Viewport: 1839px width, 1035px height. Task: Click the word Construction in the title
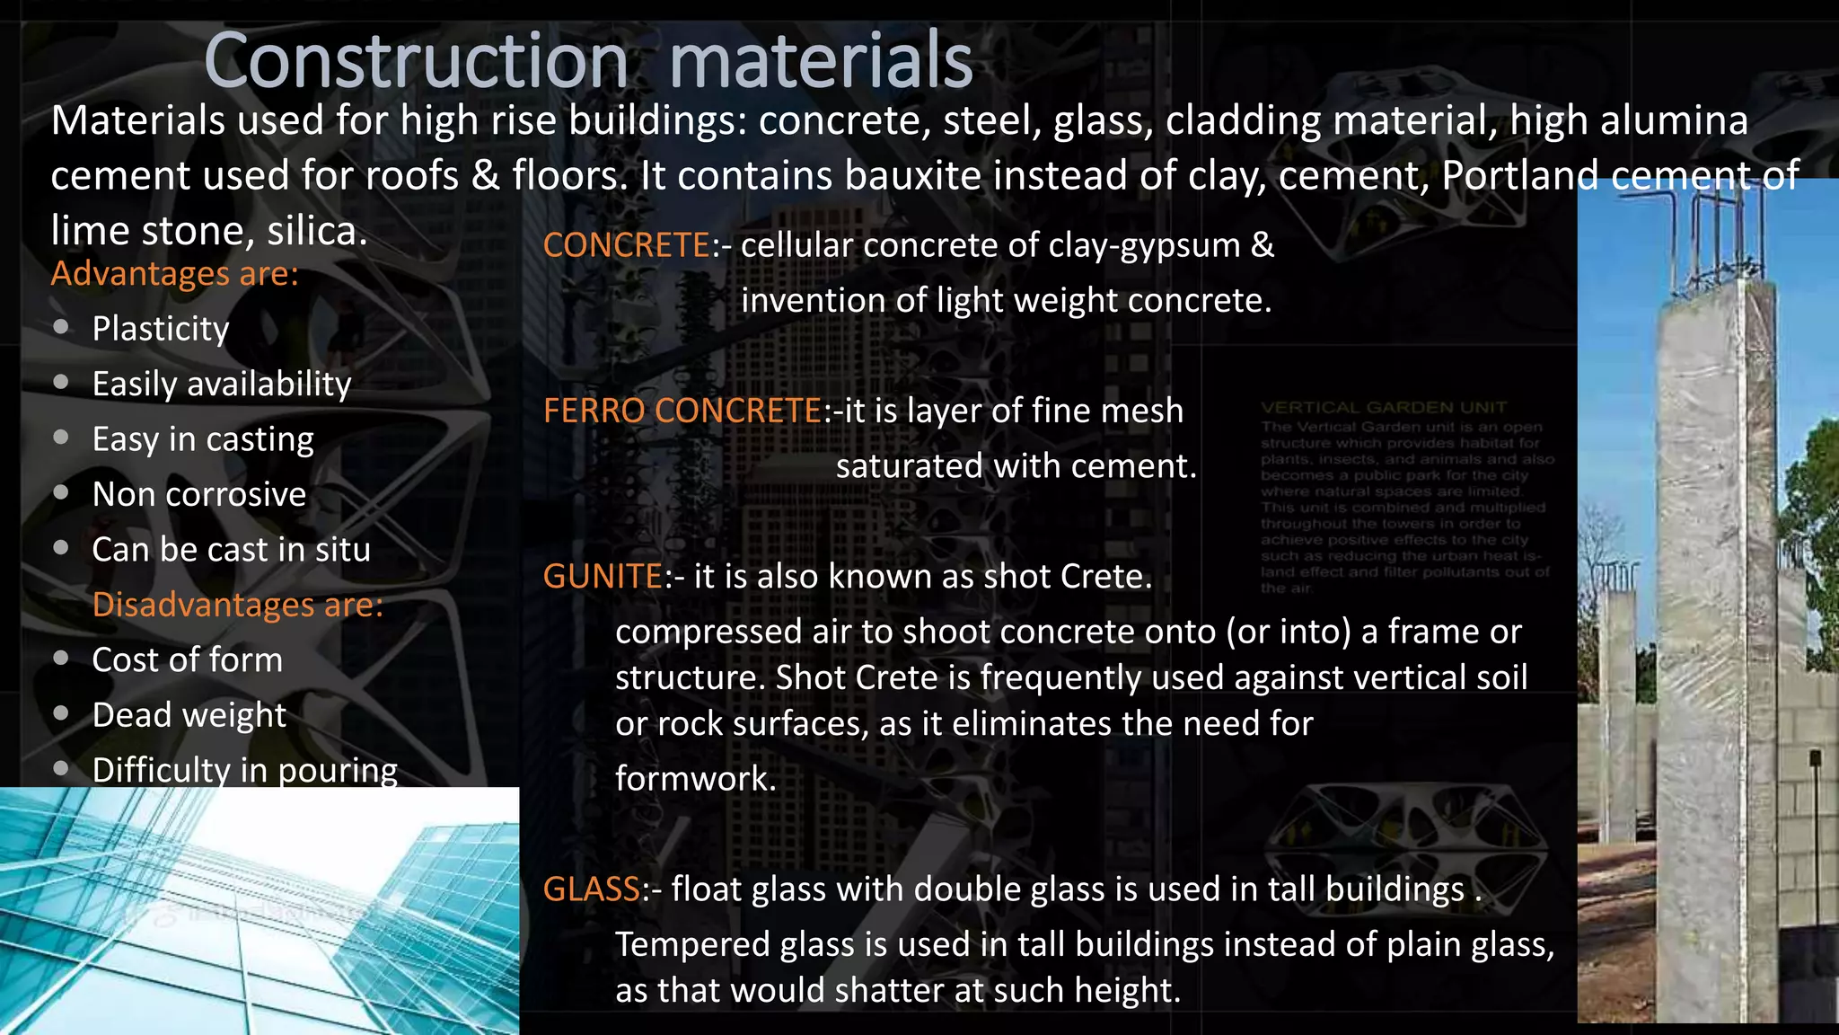[416, 61]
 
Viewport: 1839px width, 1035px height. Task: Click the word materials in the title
[821, 61]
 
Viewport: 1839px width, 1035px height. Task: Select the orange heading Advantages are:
[174, 273]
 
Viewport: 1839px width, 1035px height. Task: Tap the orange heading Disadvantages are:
[238, 605]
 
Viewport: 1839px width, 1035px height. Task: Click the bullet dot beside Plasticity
[61, 327]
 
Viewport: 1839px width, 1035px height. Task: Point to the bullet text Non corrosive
[199, 494]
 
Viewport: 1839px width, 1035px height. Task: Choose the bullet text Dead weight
[189, 715]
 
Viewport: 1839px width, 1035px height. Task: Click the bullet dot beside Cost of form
[61, 659]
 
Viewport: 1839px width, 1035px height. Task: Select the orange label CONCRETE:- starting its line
[627, 245]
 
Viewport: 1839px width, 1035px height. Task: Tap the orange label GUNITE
[603, 577]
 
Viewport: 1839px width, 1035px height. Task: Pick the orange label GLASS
[592, 889]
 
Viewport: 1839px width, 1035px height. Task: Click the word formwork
[694, 778]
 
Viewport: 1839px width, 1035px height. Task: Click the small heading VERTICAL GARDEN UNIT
[1384, 408]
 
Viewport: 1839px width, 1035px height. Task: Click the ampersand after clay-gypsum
[1263, 245]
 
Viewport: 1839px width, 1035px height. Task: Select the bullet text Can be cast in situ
[231, 550]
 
